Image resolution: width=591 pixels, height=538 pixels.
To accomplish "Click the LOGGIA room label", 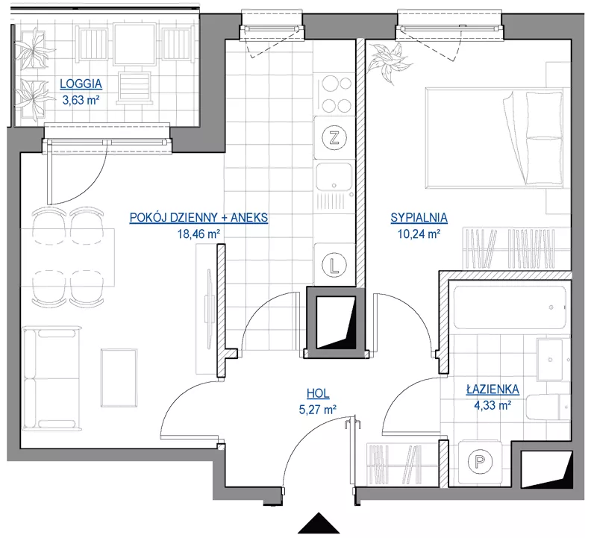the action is pyautogui.click(x=81, y=84).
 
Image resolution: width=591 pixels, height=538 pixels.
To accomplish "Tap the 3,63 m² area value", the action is pyautogui.click(x=81, y=100).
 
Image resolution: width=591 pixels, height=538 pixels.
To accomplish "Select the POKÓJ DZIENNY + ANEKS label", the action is pyautogui.click(x=198, y=218).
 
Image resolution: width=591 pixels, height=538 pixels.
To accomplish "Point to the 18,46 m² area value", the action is pyautogui.click(x=198, y=234).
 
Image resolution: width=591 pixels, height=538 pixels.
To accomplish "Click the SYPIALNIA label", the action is pyautogui.click(x=419, y=218).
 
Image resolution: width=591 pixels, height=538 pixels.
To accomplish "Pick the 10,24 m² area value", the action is pyautogui.click(x=419, y=234).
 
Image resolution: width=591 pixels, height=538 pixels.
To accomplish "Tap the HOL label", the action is pyautogui.click(x=318, y=393).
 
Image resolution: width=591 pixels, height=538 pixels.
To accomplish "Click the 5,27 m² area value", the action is pyautogui.click(x=318, y=410).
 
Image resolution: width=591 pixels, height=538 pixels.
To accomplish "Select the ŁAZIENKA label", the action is pyautogui.click(x=492, y=389).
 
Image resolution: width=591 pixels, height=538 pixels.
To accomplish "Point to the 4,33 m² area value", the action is pyautogui.click(x=492, y=405).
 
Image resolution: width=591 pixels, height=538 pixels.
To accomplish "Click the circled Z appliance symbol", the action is pyautogui.click(x=334, y=138).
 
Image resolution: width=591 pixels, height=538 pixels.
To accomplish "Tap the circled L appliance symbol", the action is pyautogui.click(x=334, y=265).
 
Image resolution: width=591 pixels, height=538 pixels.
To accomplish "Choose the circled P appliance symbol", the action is pyautogui.click(x=480, y=461).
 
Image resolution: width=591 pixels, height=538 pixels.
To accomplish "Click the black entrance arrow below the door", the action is pyautogui.click(x=319, y=523).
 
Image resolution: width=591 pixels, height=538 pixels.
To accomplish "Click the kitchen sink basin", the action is pyautogui.click(x=334, y=176).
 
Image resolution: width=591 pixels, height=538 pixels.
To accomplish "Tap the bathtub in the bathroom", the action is pyautogui.click(x=510, y=307).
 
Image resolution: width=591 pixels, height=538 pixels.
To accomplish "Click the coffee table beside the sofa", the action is pyautogui.click(x=119, y=378).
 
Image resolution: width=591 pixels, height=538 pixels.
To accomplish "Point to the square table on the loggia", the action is pyautogui.click(x=134, y=44).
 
